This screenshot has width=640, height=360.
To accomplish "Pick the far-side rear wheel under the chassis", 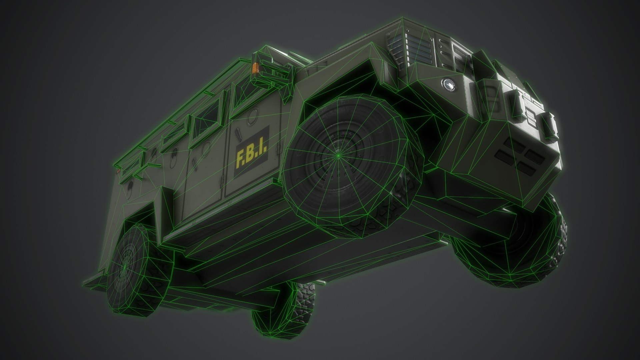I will [x=283, y=310].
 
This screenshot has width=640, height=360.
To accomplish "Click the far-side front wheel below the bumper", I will [x=520, y=253].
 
